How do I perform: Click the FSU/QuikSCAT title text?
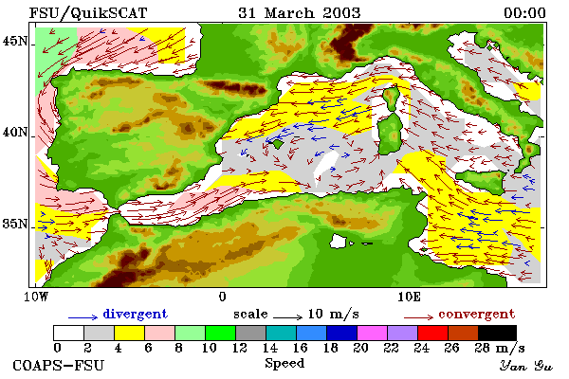click(x=88, y=13)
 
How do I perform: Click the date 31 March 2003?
click(x=300, y=13)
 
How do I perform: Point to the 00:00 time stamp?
click(x=524, y=13)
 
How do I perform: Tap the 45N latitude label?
click(x=15, y=41)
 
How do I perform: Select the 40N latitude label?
click(x=15, y=132)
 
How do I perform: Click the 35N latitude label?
click(x=15, y=224)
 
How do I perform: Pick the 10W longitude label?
click(x=36, y=297)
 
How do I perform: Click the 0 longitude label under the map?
click(x=223, y=297)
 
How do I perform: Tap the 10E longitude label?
click(x=410, y=297)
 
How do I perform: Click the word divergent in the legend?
click(x=136, y=314)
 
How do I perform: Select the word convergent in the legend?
click(x=477, y=314)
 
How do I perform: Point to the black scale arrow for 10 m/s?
click(x=287, y=317)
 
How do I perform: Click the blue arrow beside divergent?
click(x=83, y=317)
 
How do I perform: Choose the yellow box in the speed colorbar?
click(x=129, y=333)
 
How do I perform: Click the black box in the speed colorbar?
click(x=497, y=333)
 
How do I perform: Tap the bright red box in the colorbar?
click(x=432, y=333)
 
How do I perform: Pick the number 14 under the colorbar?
click(x=269, y=348)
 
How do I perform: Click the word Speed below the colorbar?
click(x=284, y=364)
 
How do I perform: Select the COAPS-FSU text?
click(x=59, y=365)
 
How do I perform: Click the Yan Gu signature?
click(x=526, y=366)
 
